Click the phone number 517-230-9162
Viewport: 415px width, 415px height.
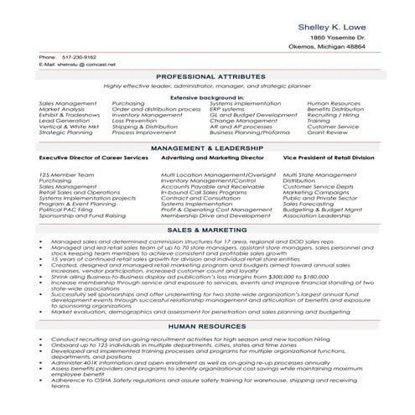tap(78, 57)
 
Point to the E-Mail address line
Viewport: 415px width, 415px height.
tap(80, 65)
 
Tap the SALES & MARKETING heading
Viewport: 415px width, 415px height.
tap(207, 229)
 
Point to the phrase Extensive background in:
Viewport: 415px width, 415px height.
tap(207, 97)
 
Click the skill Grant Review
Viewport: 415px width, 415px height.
tap(326, 132)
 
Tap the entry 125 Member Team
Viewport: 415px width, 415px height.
tap(62, 174)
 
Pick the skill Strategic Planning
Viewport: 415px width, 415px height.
tap(65, 132)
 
